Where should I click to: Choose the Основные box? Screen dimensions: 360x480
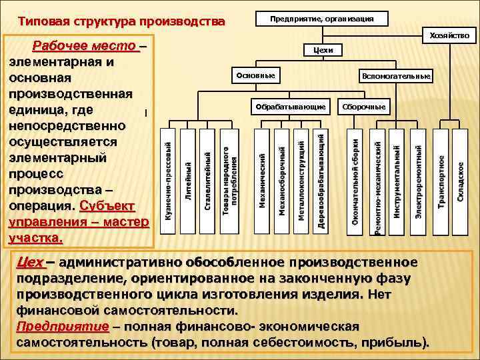point(255,76)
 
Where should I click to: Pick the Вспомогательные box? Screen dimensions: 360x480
point(396,77)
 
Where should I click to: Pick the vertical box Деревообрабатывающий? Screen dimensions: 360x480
point(321,180)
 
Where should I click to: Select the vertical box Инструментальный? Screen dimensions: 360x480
point(397,180)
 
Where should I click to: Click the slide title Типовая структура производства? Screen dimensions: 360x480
point(121,22)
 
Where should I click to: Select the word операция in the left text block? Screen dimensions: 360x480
point(41,205)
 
